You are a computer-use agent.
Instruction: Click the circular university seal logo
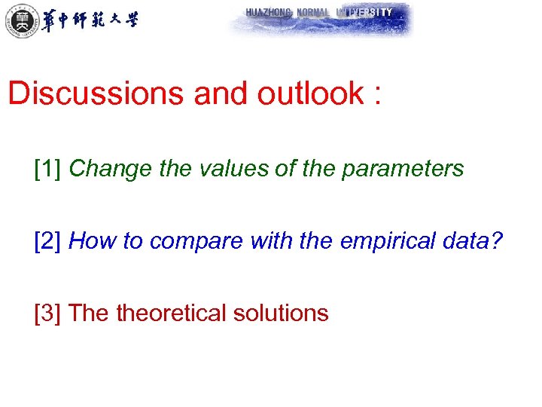coord(20,20)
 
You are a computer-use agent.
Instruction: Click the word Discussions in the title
coord(97,93)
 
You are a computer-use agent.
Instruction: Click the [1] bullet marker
coord(47,168)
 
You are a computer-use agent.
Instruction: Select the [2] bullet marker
coord(47,240)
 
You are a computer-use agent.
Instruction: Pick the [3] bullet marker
coord(47,313)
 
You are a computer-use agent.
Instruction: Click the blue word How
coord(90,240)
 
